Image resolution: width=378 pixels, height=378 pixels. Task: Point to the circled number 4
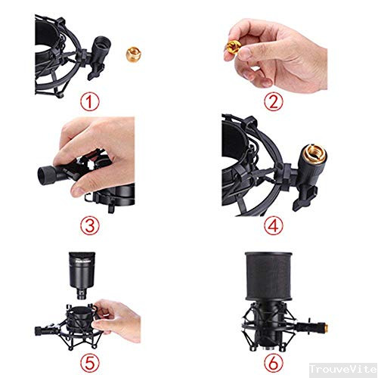(x=276, y=224)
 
